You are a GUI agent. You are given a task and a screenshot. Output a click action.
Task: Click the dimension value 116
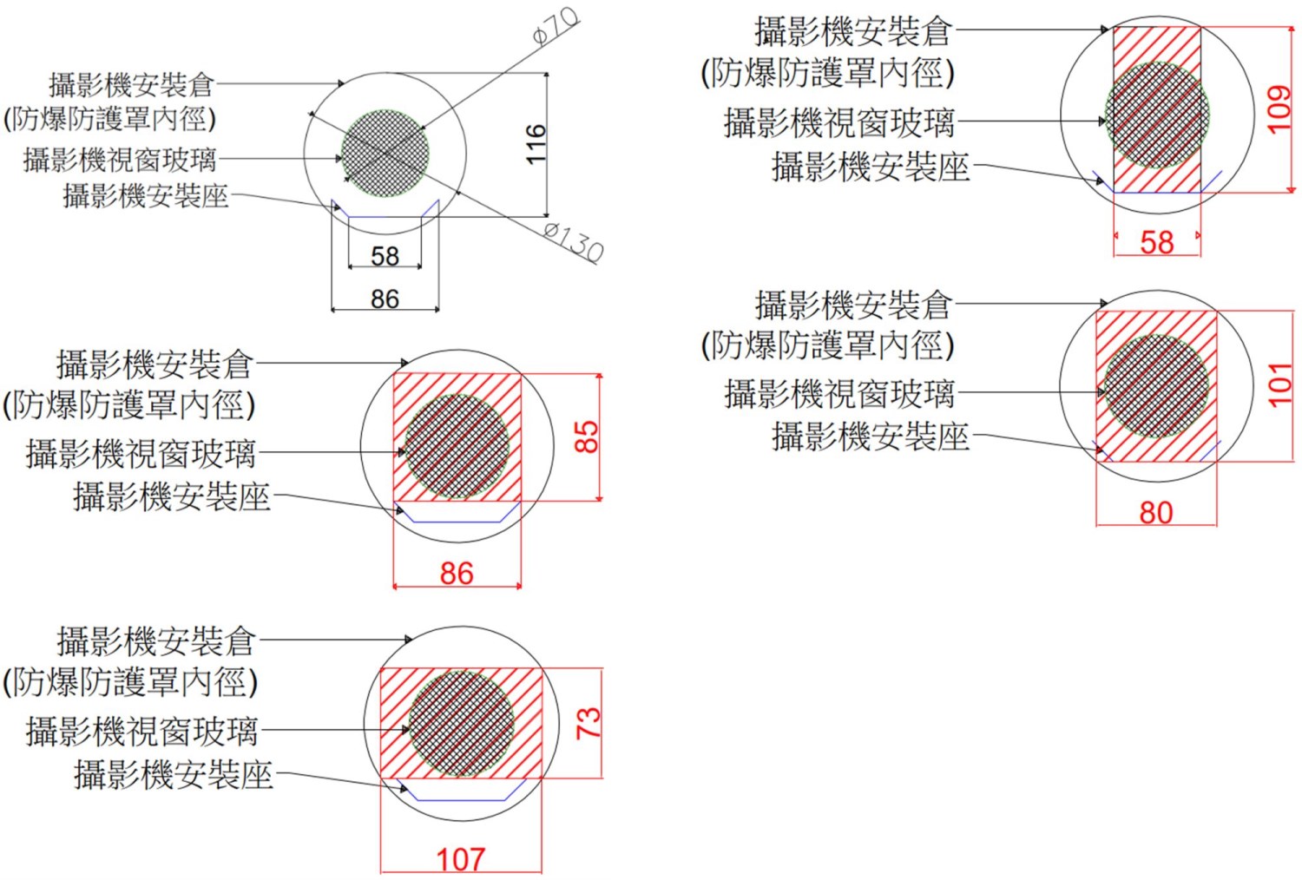coord(536,144)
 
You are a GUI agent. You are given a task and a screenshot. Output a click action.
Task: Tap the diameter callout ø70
coord(555,27)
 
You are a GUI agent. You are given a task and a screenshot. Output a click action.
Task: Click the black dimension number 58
coord(385,256)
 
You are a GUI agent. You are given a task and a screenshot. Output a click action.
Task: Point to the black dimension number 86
coord(385,299)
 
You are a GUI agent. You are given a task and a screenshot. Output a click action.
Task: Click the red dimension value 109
coord(1279,108)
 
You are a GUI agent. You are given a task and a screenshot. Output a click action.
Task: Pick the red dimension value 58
coord(1156,242)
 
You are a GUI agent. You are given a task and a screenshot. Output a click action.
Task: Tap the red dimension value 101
coord(1280,385)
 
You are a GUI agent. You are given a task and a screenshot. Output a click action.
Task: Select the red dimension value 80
coord(1155,512)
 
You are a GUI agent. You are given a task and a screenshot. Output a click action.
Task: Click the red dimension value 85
coord(587,437)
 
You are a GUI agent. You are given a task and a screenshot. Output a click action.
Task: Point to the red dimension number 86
coord(457,573)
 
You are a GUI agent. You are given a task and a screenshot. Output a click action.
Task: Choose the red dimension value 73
coord(589,722)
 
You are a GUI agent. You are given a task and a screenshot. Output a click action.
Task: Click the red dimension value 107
coord(460,859)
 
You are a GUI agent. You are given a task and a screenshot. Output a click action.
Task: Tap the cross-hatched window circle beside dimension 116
coord(385,154)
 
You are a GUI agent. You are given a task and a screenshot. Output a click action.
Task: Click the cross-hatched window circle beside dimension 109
coord(1157,115)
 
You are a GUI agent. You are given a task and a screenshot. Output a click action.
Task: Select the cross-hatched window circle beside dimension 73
coord(461,723)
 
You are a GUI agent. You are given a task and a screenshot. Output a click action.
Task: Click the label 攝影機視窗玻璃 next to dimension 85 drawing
coord(141,453)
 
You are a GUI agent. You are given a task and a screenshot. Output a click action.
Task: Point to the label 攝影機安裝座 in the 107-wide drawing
coord(174,774)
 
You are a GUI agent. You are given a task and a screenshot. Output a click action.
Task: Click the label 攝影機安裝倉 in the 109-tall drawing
coord(854,32)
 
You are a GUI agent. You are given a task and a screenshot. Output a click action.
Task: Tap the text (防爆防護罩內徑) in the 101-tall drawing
coord(827,345)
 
